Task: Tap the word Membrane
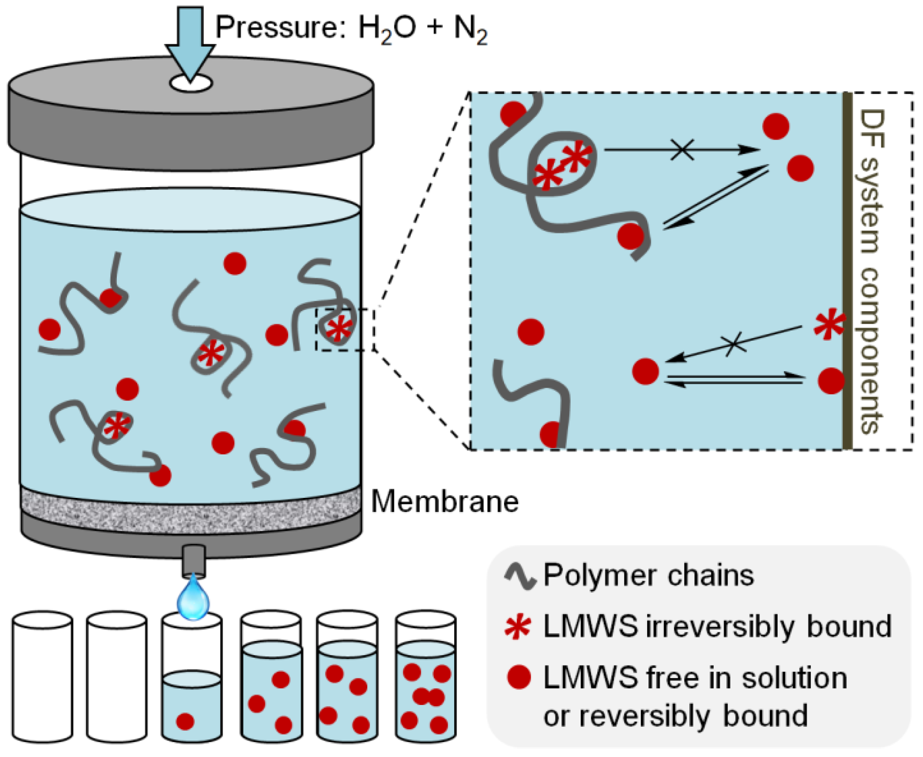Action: (445, 502)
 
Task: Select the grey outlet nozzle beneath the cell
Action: (193, 561)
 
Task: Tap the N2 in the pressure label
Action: (470, 29)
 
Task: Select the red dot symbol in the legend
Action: (519, 677)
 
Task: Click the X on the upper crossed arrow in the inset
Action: (682, 149)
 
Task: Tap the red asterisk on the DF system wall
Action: (829, 324)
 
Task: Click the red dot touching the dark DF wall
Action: (831, 381)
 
